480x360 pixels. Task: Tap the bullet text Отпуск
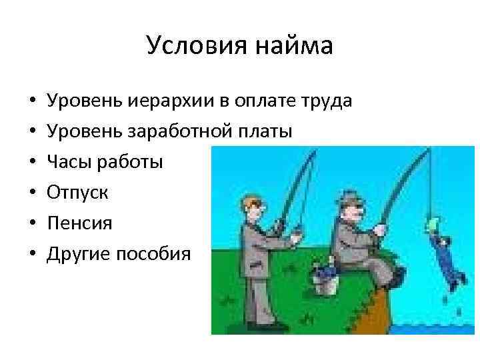tap(77, 193)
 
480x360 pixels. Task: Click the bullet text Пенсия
tap(79, 223)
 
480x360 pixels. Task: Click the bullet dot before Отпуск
tap(32, 193)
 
